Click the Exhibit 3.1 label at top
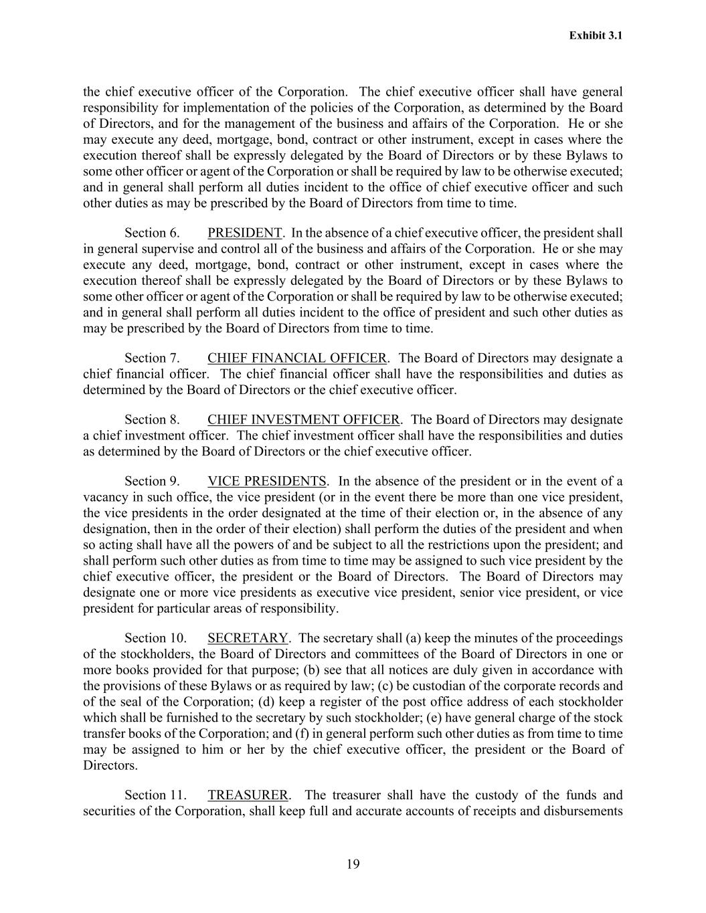coord(596,35)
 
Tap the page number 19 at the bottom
coord(353,864)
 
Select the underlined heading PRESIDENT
coord(244,233)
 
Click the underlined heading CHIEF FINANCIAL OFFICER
coord(296,358)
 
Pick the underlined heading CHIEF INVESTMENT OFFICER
coord(303,419)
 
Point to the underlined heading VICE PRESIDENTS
coord(266,481)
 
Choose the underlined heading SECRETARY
coord(248,638)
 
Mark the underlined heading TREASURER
coord(248,795)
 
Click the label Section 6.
coord(152,233)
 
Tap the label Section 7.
coord(152,358)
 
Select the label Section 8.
coord(152,419)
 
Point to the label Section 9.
coord(152,481)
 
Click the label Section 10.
coord(155,638)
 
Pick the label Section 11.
coord(155,795)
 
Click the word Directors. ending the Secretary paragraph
coord(110,765)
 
